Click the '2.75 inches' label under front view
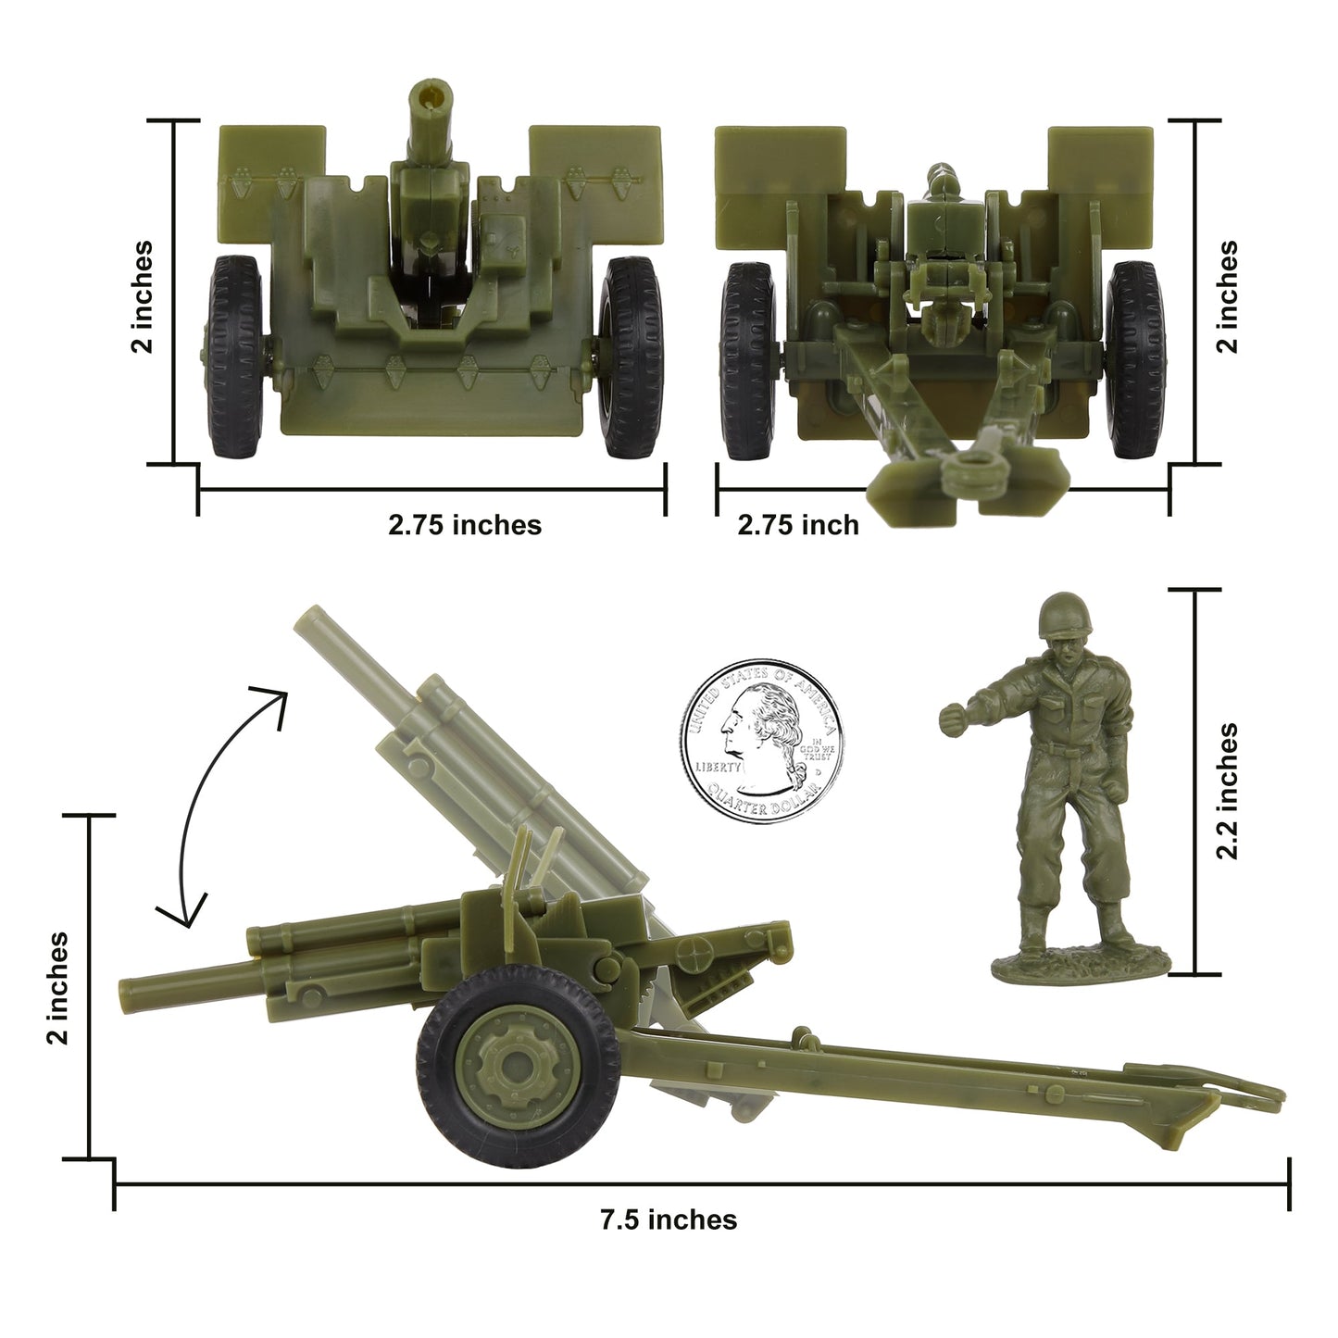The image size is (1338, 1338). (464, 525)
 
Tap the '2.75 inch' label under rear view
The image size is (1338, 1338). (797, 525)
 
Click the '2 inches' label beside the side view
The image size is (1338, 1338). (57, 988)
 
